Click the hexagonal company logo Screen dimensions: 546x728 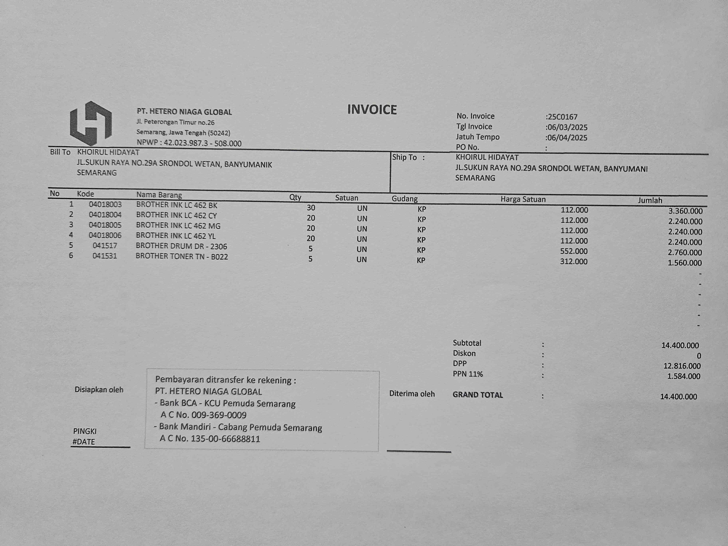point(91,123)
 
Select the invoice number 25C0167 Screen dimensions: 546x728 point(562,117)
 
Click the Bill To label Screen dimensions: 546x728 point(60,152)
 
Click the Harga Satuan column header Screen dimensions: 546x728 point(523,199)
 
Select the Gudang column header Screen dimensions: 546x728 point(404,198)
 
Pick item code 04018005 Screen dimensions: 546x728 point(105,225)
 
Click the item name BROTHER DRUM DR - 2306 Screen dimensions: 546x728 point(181,246)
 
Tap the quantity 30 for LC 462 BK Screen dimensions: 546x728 point(311,208)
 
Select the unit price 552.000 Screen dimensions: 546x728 point(574,251)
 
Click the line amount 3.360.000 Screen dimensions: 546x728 point(685,211)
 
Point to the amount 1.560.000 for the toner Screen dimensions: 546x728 point(685,263)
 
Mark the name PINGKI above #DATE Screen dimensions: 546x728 point(85,431)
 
